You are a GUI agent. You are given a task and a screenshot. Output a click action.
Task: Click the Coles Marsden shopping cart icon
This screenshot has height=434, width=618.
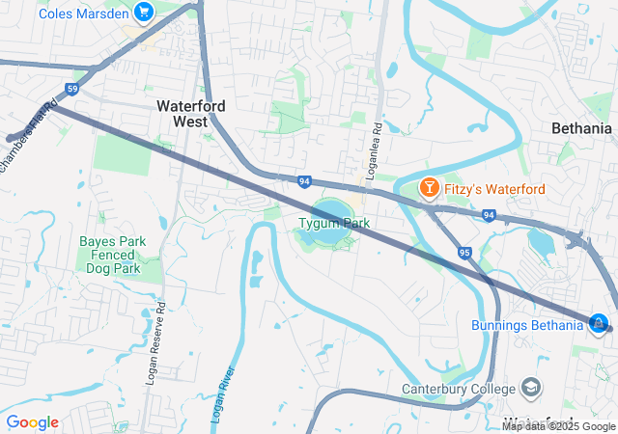point(144,13)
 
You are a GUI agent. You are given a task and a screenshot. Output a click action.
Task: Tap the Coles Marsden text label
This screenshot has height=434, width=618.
point(84,13)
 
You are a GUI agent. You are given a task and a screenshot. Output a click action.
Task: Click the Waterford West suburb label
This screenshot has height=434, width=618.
point(192,113)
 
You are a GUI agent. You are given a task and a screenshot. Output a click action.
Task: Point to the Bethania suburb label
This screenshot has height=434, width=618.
point(581,128)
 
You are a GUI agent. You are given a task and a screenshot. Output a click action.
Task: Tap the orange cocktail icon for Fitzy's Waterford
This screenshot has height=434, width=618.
point(428,188)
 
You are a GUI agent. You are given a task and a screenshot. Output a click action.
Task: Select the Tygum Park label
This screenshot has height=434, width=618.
point(333,223)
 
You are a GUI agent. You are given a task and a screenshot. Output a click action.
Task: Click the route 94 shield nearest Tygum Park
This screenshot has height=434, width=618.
point(304,180)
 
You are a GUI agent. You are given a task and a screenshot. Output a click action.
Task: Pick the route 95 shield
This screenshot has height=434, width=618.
point(464,253)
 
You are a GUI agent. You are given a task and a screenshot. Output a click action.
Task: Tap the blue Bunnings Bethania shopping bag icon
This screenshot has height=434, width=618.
point(599,323)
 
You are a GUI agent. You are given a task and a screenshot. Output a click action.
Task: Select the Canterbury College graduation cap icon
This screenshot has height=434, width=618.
point(530,388)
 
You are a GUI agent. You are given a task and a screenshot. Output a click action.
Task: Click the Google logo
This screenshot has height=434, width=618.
point(32,422)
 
